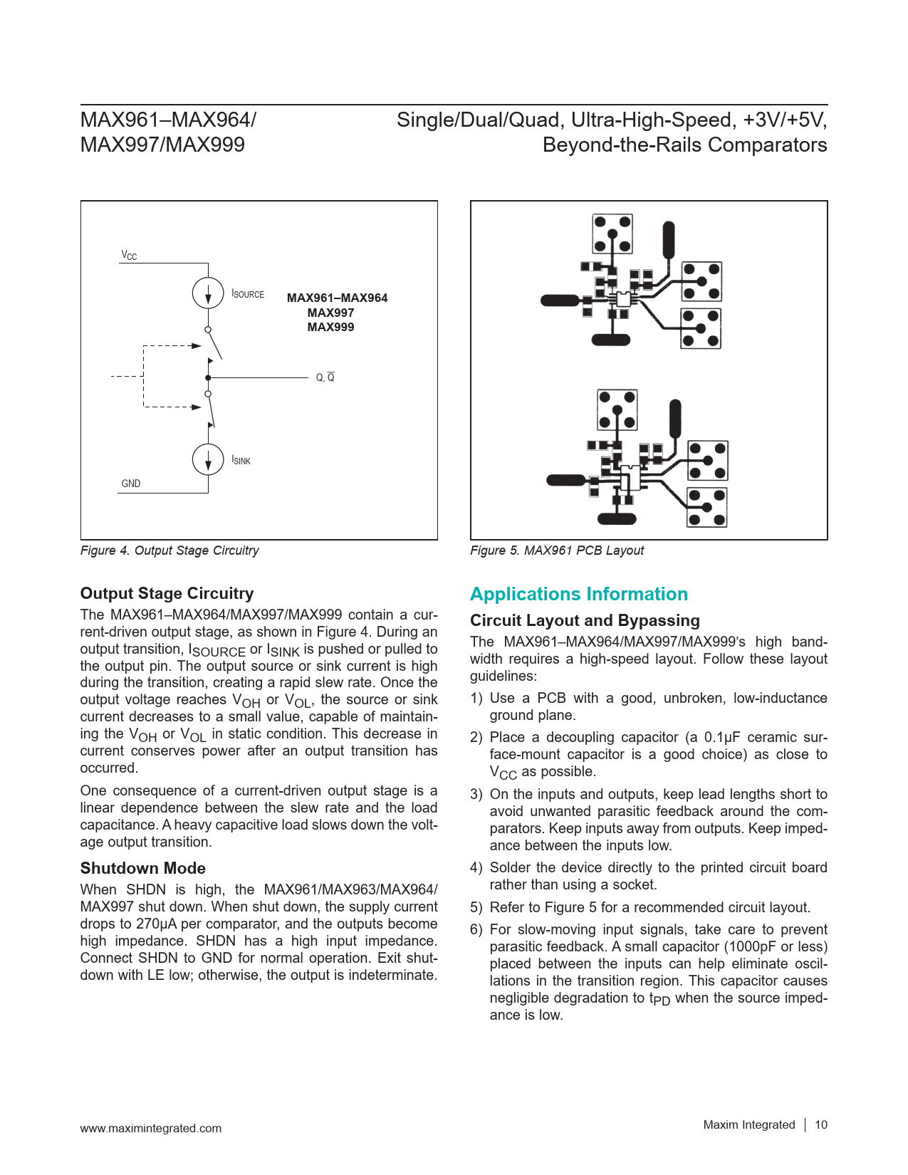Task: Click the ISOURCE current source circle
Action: point(208,293)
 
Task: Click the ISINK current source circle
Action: point(208,459)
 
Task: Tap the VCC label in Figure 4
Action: point(129,255)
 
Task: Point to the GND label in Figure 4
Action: point(131,484)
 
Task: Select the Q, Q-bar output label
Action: point(325,377)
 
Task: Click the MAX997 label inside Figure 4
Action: point(330,313)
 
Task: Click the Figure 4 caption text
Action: point(169,550)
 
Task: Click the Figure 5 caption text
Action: point(557,550)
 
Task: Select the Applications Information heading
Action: point(578,594)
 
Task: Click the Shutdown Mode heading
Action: point(142,868)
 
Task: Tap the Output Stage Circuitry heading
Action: point(167,593)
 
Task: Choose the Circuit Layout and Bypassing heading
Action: point(585,620)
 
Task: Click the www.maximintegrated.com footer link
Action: point(150,1128)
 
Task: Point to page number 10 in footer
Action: point(821,1124)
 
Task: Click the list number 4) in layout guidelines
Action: point(476,867)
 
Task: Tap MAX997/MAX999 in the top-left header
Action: point(162,145)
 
